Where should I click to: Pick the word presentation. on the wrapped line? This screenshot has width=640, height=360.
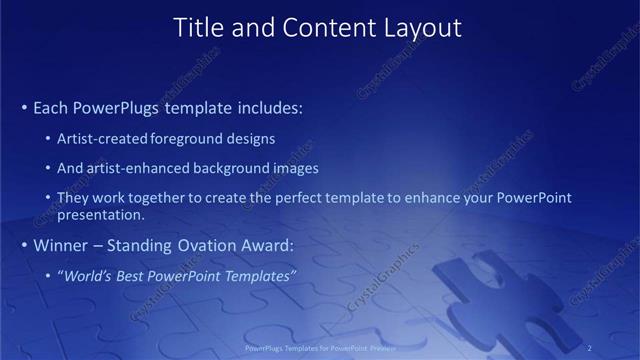(x=101, y=215)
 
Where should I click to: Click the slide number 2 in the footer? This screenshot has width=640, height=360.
(x=589, y=348)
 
